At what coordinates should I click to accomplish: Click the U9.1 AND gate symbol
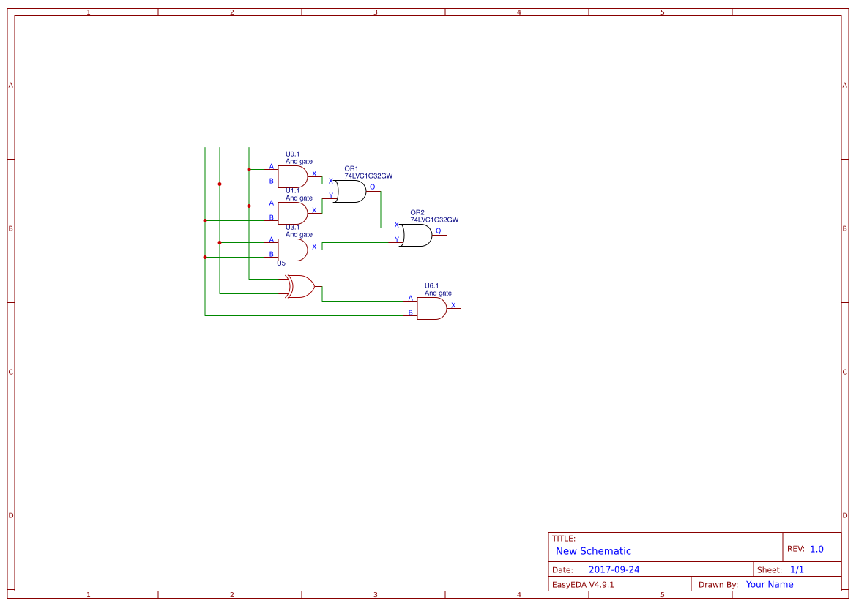click(x=292, y=176)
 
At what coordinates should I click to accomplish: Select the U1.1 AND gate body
click(x=292, y=213)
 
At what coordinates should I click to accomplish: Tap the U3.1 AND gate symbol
click(x=292, y=250)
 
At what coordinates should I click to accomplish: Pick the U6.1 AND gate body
click(x=431, y=308)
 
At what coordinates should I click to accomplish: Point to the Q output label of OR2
click(x=439, y=231)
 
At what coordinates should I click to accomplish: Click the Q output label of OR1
click(x=372, y=187)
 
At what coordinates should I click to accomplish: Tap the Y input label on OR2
click(x=397, y=239)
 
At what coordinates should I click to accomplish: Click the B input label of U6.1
click(x=410, y=313)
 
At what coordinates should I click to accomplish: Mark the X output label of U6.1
click(x=453, y=305)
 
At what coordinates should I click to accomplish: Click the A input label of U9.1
click(x=271, y=166)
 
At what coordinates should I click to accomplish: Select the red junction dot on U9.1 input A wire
click(x=249, y=169)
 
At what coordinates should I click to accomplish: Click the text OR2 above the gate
click(x=417, y=212)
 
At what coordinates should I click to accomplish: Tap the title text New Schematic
click(x=593, y=551)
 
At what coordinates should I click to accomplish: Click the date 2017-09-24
click(x=614, y=569)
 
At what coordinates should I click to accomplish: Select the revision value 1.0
click(x=816, y=549)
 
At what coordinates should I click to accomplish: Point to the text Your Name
click(x=770, y=584)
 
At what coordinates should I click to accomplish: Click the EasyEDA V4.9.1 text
click(x=583, y=584)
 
